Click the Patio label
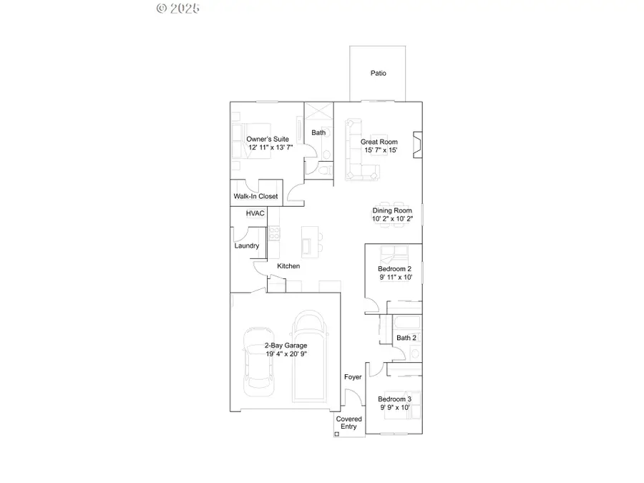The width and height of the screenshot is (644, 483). pos(378,73)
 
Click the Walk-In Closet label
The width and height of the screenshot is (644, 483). pos(255,196)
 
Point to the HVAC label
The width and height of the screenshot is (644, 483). pos(255,213)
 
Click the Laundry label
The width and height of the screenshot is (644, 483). pos(246,245)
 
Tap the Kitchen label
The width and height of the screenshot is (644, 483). pos(288,266)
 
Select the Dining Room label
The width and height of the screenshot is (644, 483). pos(392,211)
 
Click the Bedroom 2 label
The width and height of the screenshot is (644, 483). pos(395,269)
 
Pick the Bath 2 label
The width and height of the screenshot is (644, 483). pos(406,338)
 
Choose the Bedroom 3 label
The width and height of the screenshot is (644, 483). pos(395,398)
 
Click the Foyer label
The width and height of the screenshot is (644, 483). pos(353,377)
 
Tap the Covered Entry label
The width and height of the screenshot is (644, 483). pos(348,422)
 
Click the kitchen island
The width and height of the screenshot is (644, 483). pos(308,240)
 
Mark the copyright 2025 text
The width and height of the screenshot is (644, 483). pos(177,9)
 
